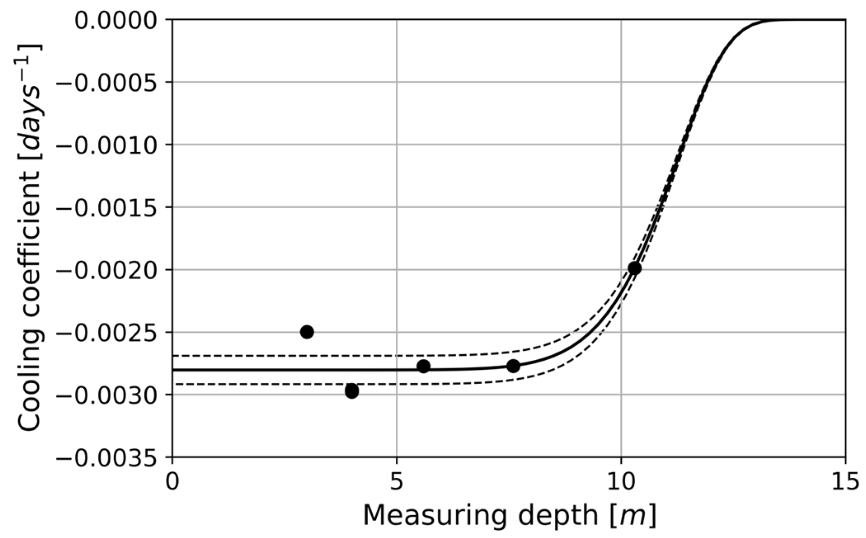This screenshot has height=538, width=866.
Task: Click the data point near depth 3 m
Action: pos(307,332)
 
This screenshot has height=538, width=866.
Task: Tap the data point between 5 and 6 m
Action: pos(423,366)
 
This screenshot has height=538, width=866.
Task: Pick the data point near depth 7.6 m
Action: pos(513,366)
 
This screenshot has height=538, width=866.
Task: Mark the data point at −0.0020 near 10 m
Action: pos(634,268)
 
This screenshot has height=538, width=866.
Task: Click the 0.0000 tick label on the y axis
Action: pos(116,20)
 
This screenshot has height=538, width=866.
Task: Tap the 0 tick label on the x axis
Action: pos(172,481)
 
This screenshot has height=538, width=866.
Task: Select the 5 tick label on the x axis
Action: pos(397,481)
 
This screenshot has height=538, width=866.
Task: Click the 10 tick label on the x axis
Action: pos(621,481)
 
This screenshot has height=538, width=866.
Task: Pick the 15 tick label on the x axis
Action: pos(845,481)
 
